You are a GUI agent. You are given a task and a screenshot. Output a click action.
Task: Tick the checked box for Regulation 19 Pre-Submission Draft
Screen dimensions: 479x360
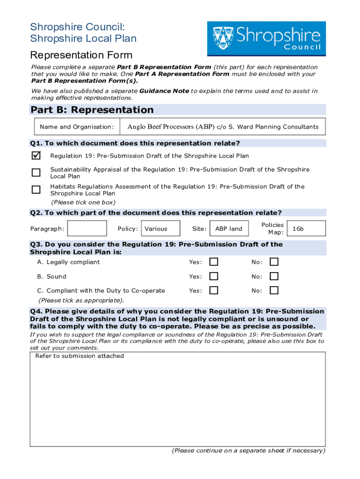(36, 155)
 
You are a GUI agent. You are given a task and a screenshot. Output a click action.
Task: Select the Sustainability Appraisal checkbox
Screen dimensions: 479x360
(36, 173)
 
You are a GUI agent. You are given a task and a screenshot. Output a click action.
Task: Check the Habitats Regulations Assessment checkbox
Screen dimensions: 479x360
(36, 189)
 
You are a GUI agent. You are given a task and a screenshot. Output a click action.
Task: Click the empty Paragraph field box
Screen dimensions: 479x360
(87, 228)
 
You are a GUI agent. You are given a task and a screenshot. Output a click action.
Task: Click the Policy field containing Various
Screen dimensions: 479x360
(160, 228)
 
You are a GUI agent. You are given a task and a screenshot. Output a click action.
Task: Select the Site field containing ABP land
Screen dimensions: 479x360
(228, 228)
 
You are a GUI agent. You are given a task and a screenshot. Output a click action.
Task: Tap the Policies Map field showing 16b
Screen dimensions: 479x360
(306, 228)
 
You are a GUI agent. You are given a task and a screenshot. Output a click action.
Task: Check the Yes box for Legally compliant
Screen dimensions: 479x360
(213, 262)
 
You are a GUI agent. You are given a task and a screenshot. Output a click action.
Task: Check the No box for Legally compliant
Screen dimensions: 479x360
(274, 262)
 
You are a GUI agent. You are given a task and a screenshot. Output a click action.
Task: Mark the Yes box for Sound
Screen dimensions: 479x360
(213, 276)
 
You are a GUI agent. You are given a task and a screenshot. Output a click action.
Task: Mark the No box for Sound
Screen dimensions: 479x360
(274, 276)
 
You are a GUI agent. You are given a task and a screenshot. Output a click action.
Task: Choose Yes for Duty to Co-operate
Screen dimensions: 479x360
(213, 290)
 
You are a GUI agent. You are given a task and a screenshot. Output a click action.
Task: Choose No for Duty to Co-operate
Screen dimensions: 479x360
(274, 290)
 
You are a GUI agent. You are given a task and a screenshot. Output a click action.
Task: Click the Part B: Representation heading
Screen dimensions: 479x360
(92, 110)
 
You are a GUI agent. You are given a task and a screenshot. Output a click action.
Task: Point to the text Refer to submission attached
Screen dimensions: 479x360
(79, 356)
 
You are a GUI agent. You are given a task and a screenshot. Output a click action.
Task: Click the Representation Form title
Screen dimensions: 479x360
(81, 55)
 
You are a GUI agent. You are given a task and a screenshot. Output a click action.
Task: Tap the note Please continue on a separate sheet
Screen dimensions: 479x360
(248, 450)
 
